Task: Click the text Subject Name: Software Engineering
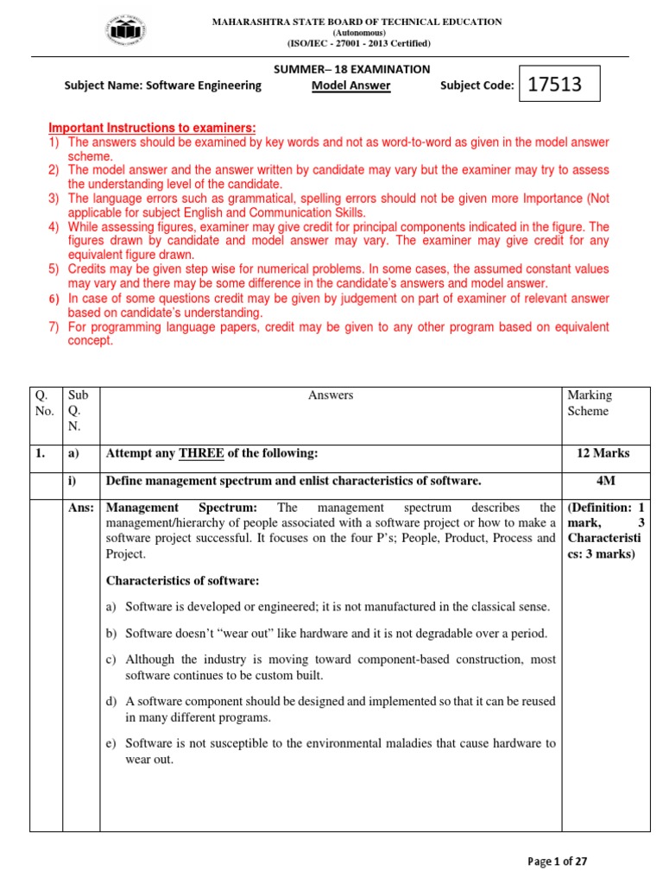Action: [163, 85]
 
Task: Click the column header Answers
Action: [331, 395]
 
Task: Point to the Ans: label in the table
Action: [81, 508]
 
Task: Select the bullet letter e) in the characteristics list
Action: [110, 742]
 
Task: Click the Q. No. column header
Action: [44, 403]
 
